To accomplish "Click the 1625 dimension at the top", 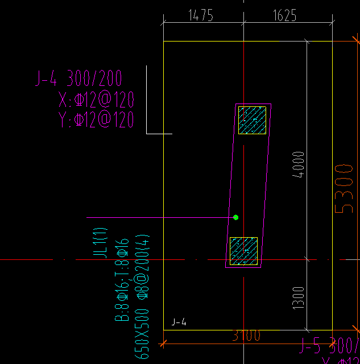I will click(x=284, y=15).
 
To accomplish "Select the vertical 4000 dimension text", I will click(x=298, y=165).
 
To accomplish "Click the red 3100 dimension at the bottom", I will click(x=246, y=336).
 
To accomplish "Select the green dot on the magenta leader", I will click(x=236, y=217).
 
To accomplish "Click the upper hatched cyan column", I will click(x=252, y=120).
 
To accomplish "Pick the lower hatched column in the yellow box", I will click(x=243, y=251).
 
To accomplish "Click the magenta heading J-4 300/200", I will click(x=78, y=78).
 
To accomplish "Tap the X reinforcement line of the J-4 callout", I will click(x=96, y=101).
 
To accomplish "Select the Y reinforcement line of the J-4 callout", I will click(x=96, y=119).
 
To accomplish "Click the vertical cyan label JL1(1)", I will click(x=101, y=243).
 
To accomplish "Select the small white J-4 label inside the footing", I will click(x=179, y=322).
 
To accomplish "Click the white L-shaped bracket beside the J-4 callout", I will click(x=147, y=102).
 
